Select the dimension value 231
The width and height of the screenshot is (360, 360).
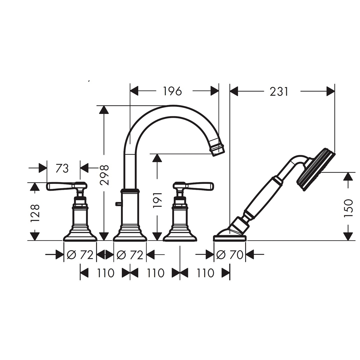point(279,91)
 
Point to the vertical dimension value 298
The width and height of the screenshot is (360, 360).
point(104,175)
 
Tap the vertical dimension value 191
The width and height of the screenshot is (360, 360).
point(157,200)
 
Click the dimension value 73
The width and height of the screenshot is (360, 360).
point(62,168)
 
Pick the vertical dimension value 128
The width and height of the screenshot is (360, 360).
point(35,213)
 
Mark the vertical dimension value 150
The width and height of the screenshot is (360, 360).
point(348,208)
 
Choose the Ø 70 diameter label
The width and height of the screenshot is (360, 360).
point(230,254)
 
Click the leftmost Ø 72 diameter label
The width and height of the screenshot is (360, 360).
point(80,254)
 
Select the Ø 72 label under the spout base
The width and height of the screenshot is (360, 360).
point(130,254)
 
